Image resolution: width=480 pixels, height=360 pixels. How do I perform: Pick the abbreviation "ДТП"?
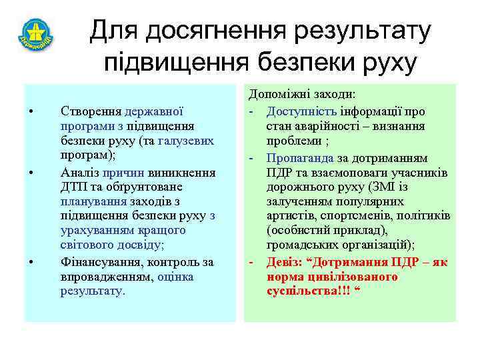click(73, 187)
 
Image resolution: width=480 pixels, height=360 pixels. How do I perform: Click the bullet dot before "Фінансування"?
click(31, 261)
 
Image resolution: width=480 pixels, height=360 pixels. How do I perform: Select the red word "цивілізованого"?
click(347, 275)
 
